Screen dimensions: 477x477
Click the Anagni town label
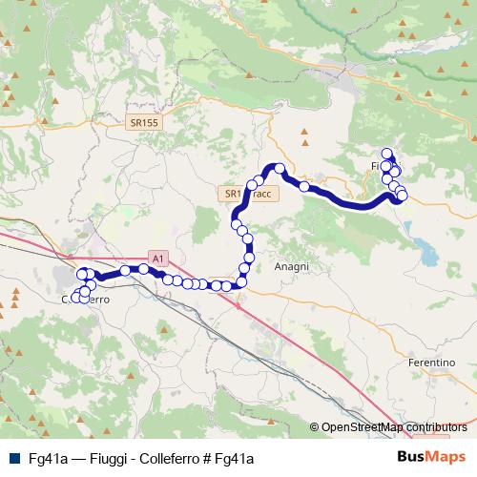(291, 267)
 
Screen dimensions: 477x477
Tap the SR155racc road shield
(248, 194)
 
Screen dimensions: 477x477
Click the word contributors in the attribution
(438, 427)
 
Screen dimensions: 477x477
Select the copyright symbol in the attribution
(315, 427)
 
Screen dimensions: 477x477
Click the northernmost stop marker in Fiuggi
(386, 153)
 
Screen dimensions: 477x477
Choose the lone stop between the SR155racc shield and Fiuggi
(304, 187)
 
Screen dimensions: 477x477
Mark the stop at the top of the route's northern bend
(280, 169)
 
